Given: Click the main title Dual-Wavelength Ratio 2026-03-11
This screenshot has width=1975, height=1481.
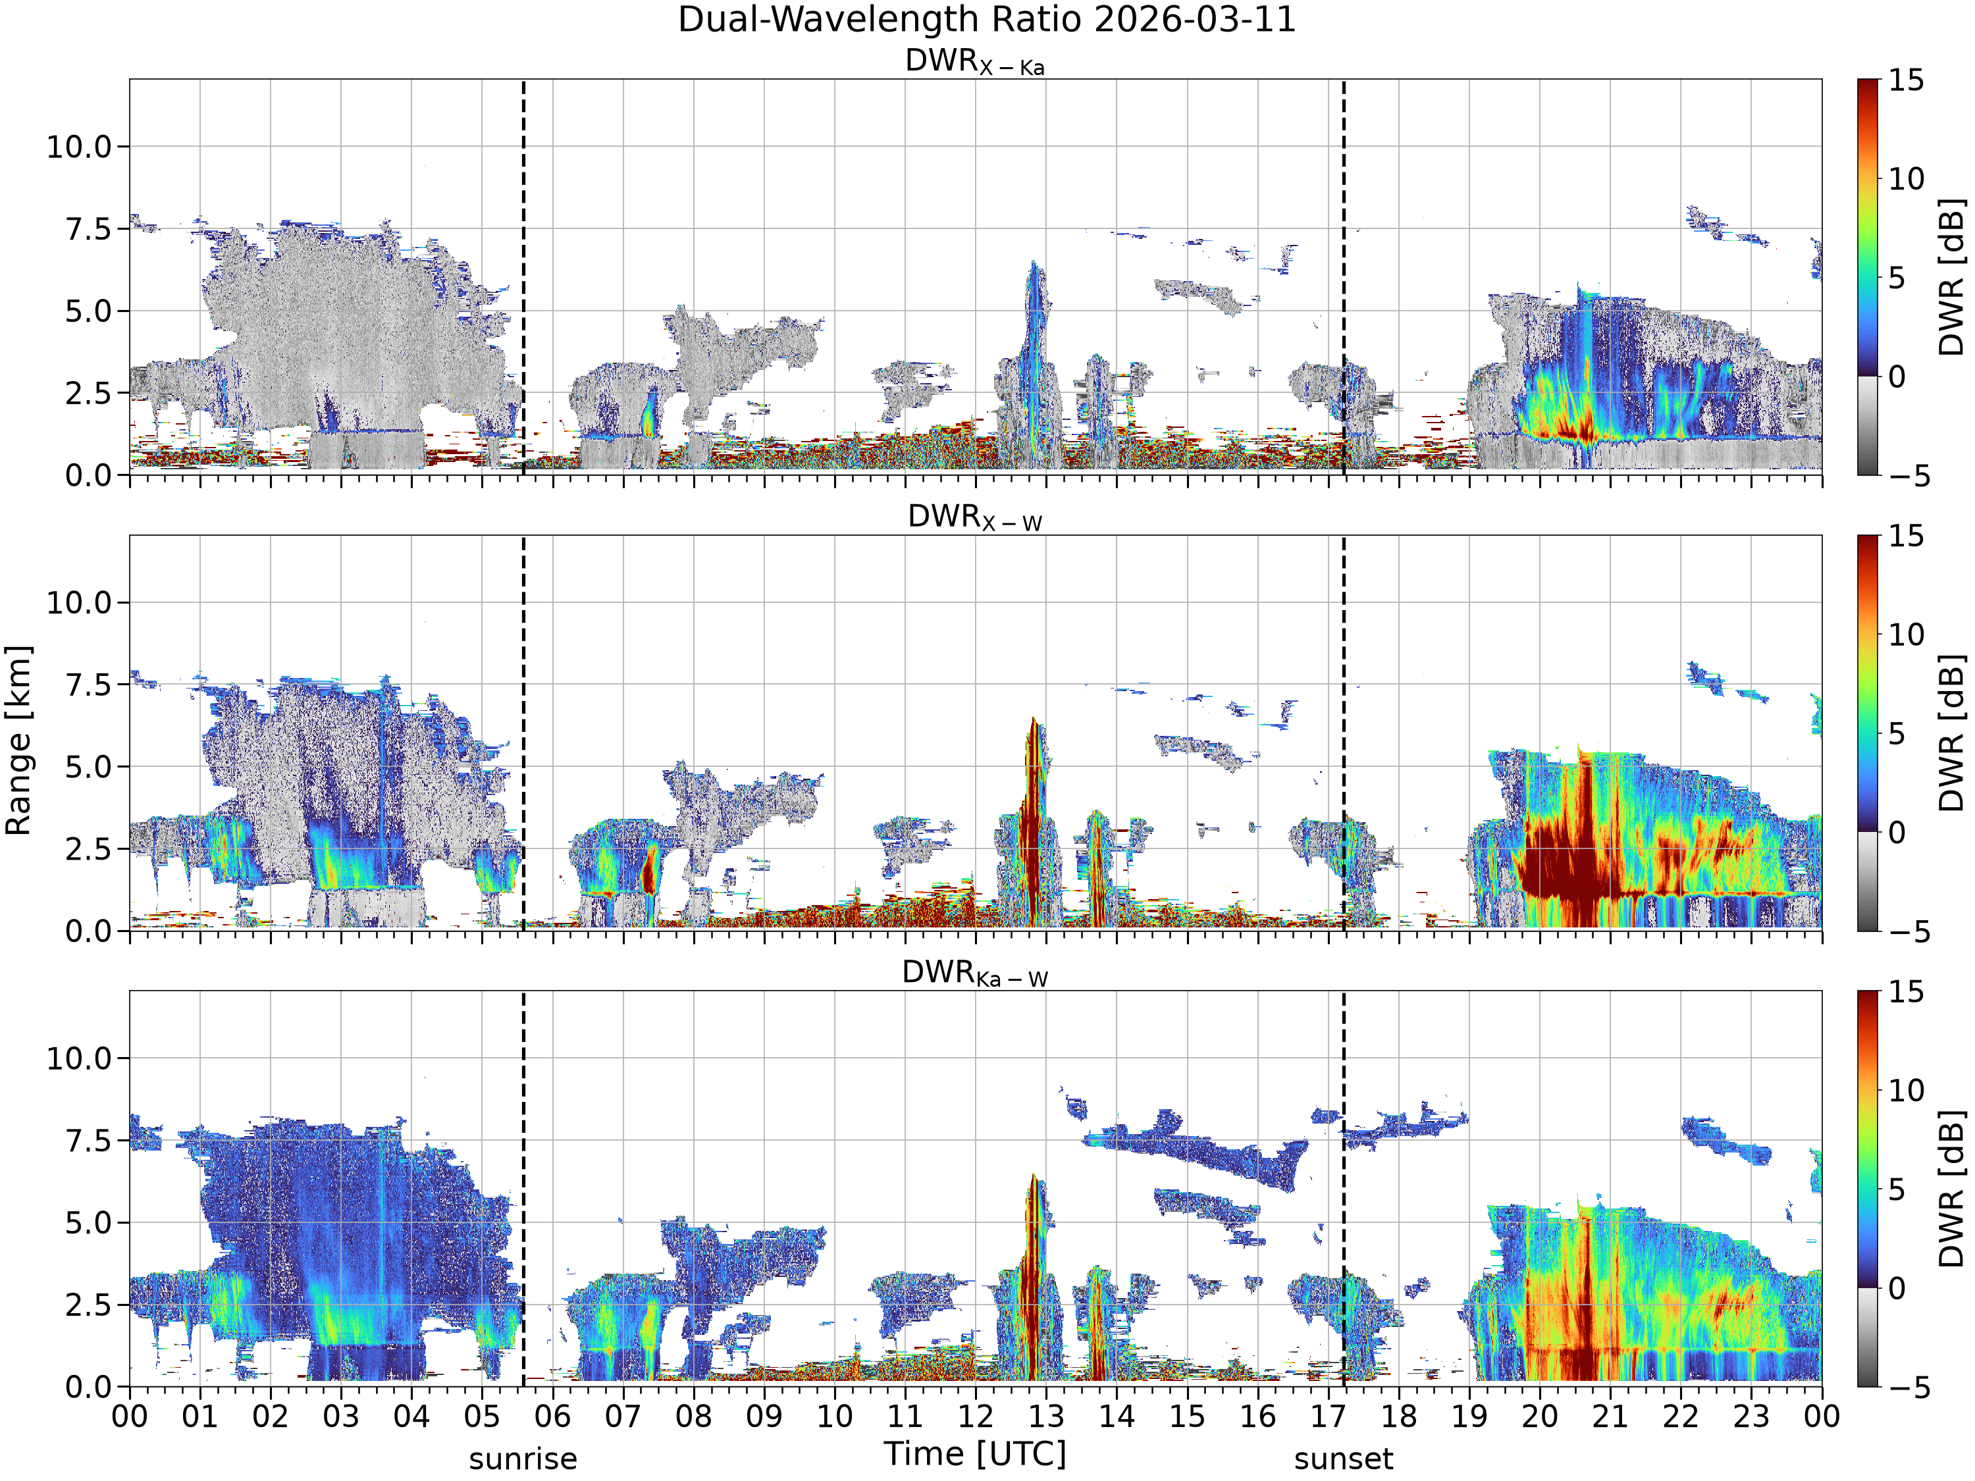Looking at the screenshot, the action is [987, 20].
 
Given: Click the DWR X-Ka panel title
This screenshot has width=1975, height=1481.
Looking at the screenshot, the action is [975, 62].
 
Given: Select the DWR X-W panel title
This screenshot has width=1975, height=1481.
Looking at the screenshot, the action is [975, 518].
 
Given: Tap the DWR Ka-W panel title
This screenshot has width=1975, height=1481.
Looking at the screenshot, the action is [975, 973].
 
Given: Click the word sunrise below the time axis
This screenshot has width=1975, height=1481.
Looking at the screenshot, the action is [523, 1459].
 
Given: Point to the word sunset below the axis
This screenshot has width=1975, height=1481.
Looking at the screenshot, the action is [1344, 1459].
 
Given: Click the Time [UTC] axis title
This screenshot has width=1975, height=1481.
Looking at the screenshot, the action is [975, 1453].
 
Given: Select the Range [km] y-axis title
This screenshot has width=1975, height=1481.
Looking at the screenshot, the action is [18, 741].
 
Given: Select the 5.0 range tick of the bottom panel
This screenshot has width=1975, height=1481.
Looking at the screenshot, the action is [90, 1223].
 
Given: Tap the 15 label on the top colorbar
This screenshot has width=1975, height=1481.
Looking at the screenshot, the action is [1907, 80].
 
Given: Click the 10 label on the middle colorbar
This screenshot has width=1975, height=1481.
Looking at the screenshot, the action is [1907, 635].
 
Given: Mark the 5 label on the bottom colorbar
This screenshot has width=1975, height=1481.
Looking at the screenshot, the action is [1897, 1189].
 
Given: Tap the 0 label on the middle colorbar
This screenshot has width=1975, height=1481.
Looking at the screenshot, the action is [1897, 832].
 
